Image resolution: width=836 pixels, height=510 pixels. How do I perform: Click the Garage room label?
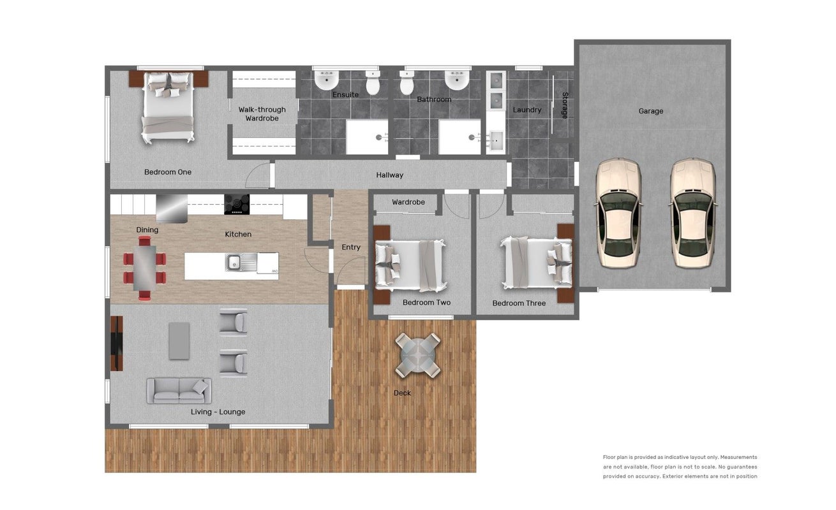[x=650, y=111]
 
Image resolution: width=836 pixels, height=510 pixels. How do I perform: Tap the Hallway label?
[x=390, y=175]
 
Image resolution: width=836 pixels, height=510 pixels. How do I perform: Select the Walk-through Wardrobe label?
[x=262, y=113]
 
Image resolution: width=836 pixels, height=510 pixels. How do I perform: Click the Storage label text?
[x=565, y=105]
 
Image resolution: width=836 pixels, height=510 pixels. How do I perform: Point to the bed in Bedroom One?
[x=168, y=107]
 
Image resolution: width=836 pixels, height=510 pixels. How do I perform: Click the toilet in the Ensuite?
[x=373, y=83]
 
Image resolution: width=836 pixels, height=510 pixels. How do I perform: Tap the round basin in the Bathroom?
[x=456, y=80]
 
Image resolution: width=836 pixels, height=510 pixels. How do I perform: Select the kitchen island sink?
[x=234, y=262]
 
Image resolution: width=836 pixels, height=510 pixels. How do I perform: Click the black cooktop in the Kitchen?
[x=237, y=204]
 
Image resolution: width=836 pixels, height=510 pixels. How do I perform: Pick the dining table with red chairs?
[x=145, y=268]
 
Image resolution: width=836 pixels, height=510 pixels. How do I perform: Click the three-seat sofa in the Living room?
[x=179, y=391]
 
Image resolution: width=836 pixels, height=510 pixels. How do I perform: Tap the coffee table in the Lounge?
[x=179, y=341]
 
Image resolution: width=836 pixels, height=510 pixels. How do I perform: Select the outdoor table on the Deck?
[x=417, y=355]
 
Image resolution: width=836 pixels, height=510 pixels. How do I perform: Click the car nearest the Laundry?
[x=619, y=213]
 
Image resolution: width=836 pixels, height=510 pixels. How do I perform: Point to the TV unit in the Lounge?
[x=116, y=344]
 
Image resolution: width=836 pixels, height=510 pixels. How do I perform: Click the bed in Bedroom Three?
[x=536, y=263]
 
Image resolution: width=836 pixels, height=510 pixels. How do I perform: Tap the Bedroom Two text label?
[x=426, y=303]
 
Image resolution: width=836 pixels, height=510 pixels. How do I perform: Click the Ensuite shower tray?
[x=367, y=137]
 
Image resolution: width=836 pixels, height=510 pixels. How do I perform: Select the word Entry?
[x=351, y=247]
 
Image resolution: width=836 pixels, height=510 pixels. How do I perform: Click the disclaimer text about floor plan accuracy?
[x=680, y=467]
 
